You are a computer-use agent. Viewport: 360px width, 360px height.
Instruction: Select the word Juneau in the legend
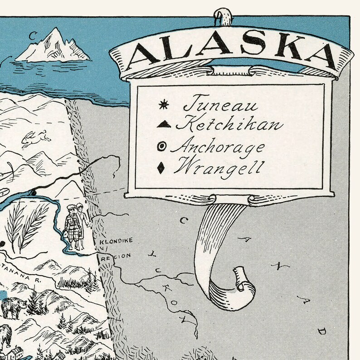[220, 106]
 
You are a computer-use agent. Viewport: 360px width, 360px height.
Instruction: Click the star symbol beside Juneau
[162, 106]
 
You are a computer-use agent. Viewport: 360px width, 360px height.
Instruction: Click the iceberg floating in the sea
[54, 46]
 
